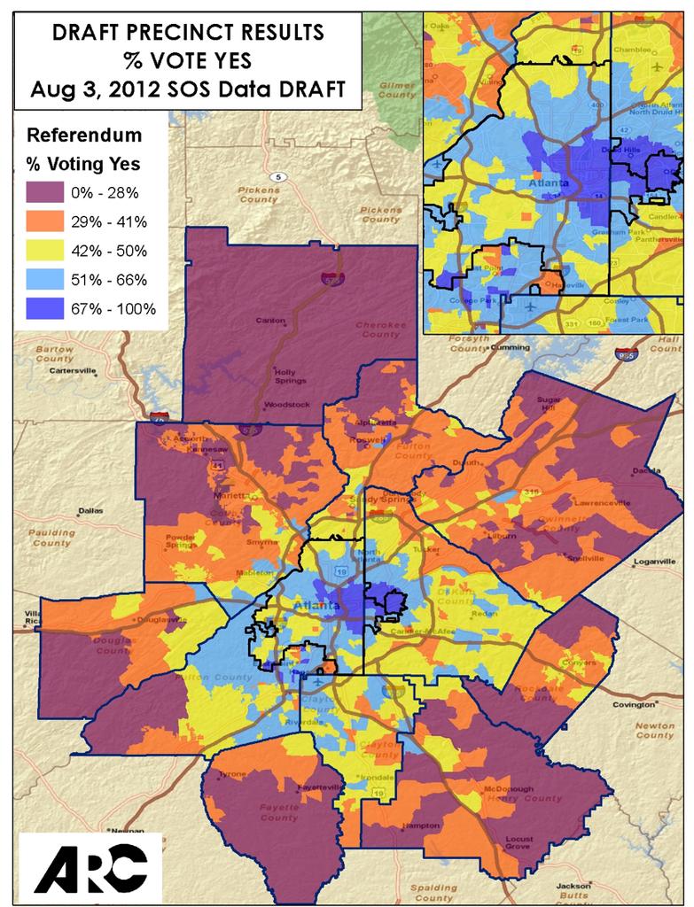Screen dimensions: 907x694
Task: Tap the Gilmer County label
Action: (397, 89)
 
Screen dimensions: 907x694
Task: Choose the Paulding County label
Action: (51, 538)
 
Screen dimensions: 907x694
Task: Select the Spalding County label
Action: (433, 892)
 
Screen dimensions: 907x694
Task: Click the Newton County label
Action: (654, 730)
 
